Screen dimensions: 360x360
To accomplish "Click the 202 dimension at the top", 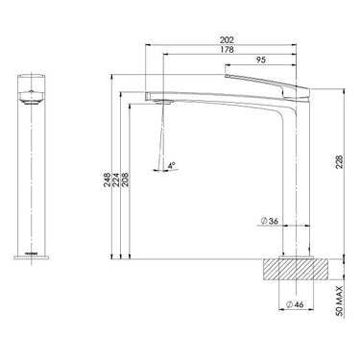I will (228, 40).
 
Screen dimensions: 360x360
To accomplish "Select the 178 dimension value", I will (228, 51).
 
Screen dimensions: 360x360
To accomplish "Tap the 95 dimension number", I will (260, 60).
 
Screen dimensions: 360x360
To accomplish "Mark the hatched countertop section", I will (299, 268).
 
